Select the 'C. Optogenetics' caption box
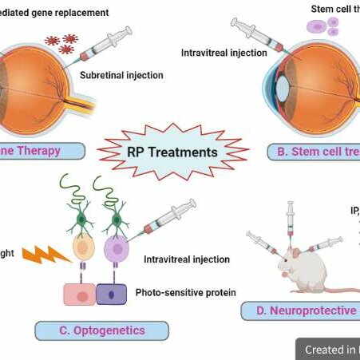pos(101,330)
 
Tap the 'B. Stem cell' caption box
pos(315,151)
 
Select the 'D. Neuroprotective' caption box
pos(299,309)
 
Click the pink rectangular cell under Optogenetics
pos(79,294)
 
